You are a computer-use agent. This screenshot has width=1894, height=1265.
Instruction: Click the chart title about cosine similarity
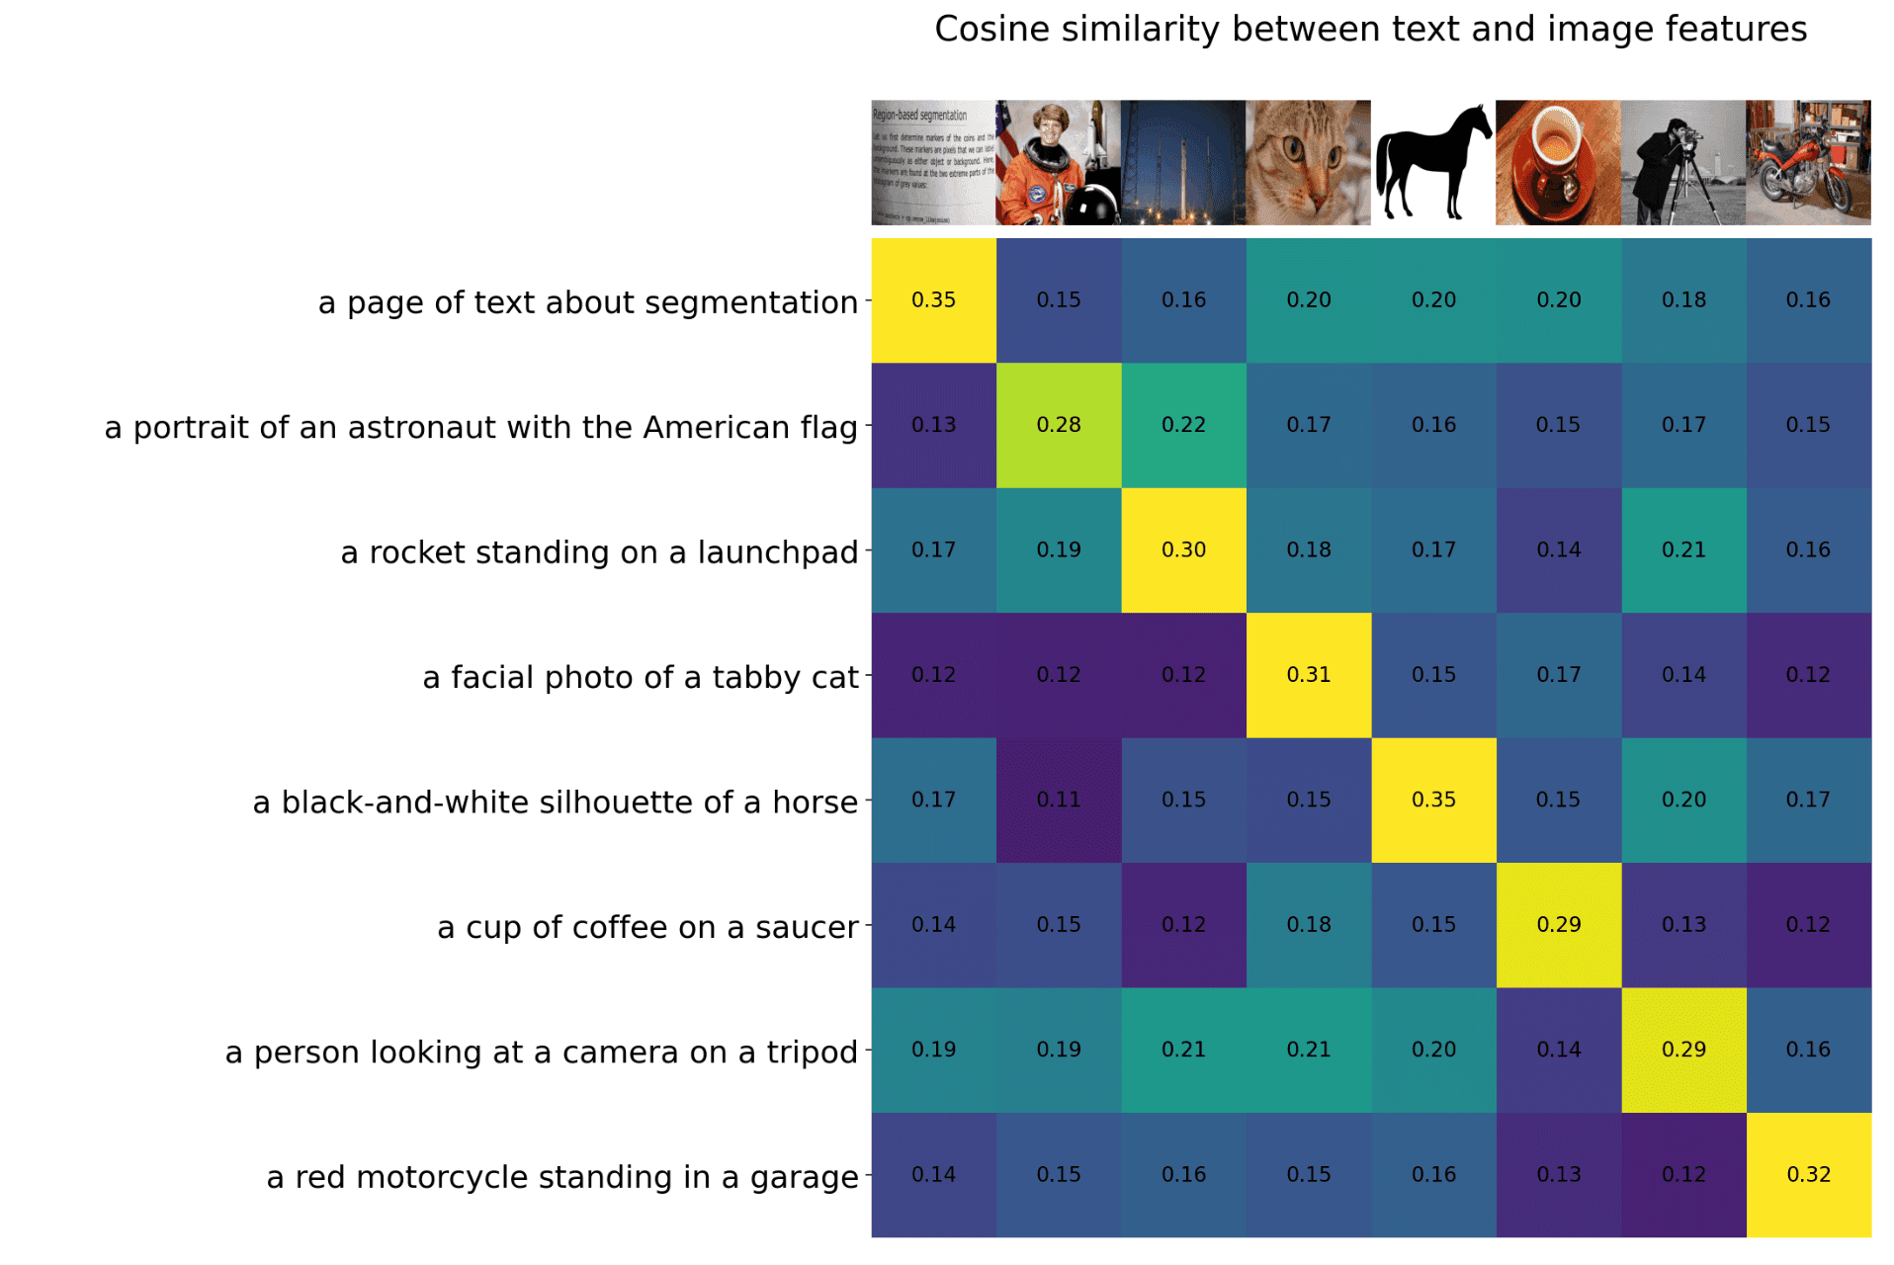click(x=1370, y=30)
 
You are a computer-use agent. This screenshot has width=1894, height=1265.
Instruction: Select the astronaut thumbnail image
click(x=1058, y=162)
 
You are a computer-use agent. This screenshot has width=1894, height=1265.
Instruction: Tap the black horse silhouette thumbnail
click(x=1432, y=162)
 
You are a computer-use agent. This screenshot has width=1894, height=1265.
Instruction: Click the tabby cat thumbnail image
click(x=1308, y=162)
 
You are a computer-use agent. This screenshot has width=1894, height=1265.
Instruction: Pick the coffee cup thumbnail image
click(x=1558, y=162)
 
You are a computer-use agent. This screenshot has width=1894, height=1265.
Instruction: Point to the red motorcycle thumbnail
click(x=1808, y=162)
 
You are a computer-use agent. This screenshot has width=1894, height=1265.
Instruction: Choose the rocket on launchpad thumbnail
click(x=1183, y=162)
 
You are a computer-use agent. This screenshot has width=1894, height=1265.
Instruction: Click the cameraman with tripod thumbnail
click(x=1682, y=162)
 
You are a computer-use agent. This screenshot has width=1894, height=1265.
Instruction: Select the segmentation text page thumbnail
click(x=933, y=162)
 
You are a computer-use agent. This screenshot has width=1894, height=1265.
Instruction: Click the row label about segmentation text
click(x=587, y=302)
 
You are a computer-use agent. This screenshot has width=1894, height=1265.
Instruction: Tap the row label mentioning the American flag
click(x=480, y=427)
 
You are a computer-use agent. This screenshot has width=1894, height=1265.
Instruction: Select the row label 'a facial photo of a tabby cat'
click(x=640, y=677)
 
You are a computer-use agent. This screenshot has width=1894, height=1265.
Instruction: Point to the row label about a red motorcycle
click(x=561, y=1177)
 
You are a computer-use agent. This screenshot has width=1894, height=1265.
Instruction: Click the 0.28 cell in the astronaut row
click(x=1058, y=425)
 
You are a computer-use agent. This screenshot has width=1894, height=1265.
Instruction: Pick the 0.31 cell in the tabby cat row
click(x=1308, y=675)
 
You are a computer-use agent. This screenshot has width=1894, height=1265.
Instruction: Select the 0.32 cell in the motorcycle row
click(x=1808, y=1175)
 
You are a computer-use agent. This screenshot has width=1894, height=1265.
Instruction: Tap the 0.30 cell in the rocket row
click(x=1183, y=550)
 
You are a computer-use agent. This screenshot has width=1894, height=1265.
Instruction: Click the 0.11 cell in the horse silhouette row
click(x=1058, y=800)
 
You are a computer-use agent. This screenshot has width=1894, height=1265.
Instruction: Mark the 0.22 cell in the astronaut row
click(x=1183, y=425)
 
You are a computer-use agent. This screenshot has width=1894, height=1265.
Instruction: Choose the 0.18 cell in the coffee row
click(x=1308, y=925)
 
